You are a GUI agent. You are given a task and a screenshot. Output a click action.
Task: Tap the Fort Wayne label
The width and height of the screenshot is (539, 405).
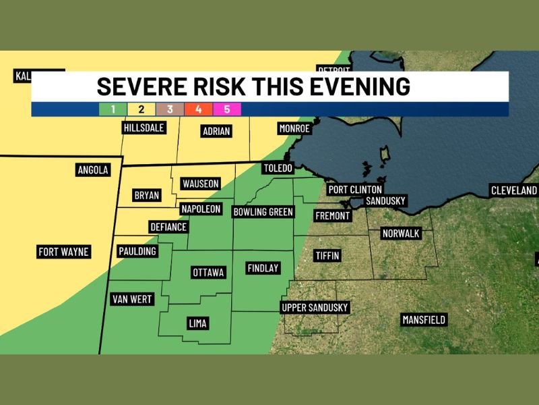coord(63,252)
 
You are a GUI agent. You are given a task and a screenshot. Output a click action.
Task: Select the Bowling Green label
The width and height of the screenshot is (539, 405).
coord(263,212)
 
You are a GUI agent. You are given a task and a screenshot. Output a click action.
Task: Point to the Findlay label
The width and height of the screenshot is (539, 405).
coord(263,268)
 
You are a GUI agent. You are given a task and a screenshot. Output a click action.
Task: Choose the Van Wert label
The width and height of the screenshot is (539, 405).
coord(133,299)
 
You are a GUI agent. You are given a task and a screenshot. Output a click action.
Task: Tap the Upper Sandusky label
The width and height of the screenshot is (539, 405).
coord(315,308)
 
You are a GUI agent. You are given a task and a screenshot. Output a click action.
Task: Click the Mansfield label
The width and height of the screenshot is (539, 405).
coord(424,319)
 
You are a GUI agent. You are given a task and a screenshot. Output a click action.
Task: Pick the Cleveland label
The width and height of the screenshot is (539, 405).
coord(514,191)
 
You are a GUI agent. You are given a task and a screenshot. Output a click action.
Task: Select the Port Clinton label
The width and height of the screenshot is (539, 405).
coord(355,190)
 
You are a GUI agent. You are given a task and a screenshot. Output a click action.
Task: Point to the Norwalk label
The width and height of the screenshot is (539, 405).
coord(400,234)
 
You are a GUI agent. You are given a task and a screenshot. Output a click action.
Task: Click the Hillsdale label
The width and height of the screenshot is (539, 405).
coord(144,128)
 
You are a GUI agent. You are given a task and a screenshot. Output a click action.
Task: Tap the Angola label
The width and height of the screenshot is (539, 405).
coord(93,170)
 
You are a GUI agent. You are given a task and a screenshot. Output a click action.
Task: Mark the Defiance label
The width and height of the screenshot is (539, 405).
coord(168,227)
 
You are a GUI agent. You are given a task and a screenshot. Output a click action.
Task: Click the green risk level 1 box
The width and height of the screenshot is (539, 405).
coord(113,109)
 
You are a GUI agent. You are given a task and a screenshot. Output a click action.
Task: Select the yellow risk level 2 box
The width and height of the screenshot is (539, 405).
coord(141,109)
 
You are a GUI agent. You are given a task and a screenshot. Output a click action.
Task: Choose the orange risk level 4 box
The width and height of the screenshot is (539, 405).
coord(199,109)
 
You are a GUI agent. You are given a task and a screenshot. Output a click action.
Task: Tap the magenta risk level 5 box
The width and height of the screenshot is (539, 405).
coord(227,109)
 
